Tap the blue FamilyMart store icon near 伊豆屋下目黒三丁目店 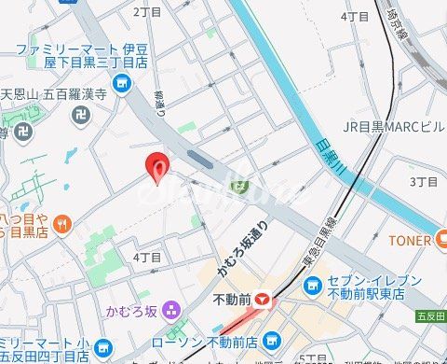click(x=120, y=86)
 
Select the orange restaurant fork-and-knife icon click(x=61, y=222)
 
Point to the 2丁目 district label click(x=147, y=12)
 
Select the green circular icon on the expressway click(x=240, y=188)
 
